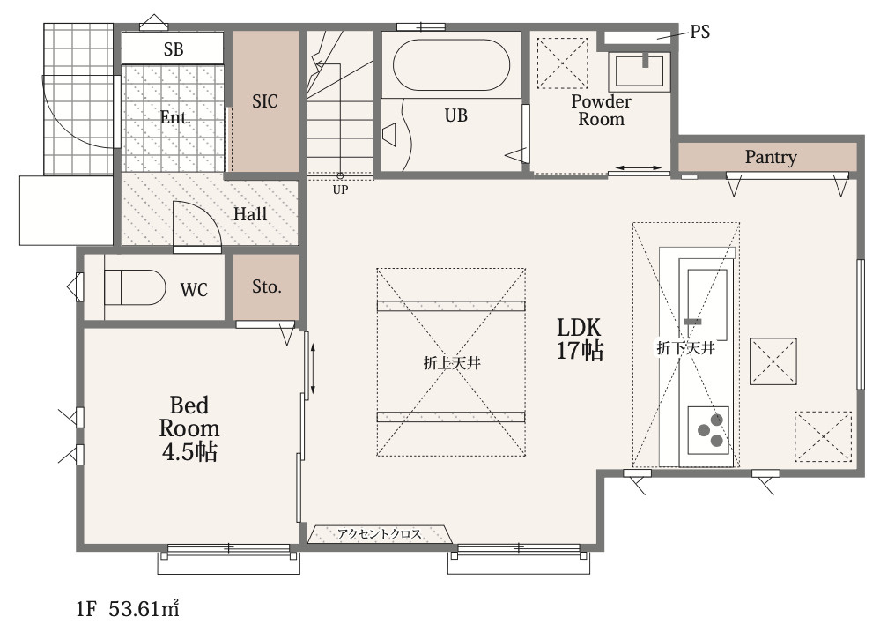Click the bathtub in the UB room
pos(451,64)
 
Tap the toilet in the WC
pos(135,287)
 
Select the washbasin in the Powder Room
pos(640,71)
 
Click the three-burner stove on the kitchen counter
pos(708,430)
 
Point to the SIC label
pos(264,101)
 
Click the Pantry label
pos(771,157)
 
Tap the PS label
pos(699,32)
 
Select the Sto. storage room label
pos(266,286)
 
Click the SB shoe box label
pos(174,49)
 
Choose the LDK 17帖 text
pos(580,338)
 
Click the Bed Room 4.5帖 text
pos(189,428)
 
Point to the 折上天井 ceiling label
pos(452,363)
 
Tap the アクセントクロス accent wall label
pos(380,533)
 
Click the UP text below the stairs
pos(340,190)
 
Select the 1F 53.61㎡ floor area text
pos(128,609)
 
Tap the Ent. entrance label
pos(175,117)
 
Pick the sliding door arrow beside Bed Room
pos(313,369)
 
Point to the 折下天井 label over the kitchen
pos(686,348)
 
